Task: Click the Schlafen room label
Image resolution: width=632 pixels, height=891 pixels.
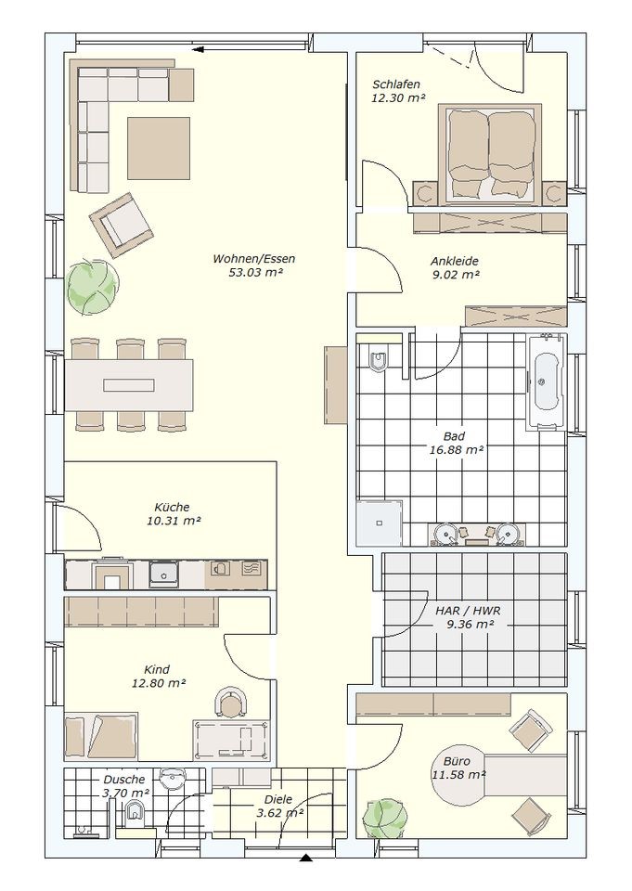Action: click(x=396, y=84)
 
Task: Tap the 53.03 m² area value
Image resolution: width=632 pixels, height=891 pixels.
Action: click(x=256, y=272)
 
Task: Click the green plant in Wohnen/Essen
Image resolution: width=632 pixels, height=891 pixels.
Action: click(x=93, y=286)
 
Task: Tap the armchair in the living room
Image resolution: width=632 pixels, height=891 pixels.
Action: click(x=121, y=225)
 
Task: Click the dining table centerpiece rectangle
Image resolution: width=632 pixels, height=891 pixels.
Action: click(x=129, y=386)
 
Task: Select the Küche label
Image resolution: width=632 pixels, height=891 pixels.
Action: click(x=172, y=507)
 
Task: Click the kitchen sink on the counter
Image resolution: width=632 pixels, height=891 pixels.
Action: click(x=163, y=574)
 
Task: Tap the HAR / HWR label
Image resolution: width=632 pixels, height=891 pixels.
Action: click(x=468, y=612)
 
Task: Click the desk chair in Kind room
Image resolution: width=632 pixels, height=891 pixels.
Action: click(x=231, y=704)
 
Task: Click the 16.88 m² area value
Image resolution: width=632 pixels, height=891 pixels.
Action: click(x=457, y=449)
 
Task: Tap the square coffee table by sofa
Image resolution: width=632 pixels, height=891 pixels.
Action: click(x=159, y=148)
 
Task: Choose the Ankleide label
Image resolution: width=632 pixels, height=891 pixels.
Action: click(x=454, y=262)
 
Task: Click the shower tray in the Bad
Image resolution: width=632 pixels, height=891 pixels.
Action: click(x=379, y=523)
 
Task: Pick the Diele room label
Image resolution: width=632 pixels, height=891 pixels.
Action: click(x=278, y=799)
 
